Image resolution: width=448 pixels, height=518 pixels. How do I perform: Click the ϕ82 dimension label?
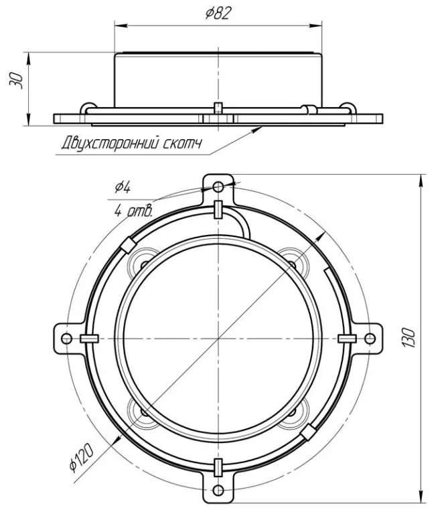tap(217, 13)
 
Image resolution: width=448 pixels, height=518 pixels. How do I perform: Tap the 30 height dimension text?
tap(16, 80)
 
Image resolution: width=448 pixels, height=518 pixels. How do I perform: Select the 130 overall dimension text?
tap(408, 337)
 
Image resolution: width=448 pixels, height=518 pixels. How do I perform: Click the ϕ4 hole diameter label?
tap(123, 187)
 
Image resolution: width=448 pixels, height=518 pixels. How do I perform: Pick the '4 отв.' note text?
tap(133, 210)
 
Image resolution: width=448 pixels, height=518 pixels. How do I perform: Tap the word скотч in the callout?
tap(182, 144)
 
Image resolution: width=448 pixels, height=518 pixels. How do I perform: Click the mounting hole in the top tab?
tap(218, 187)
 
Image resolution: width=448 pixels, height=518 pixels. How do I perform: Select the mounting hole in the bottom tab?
tap(218, 491)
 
